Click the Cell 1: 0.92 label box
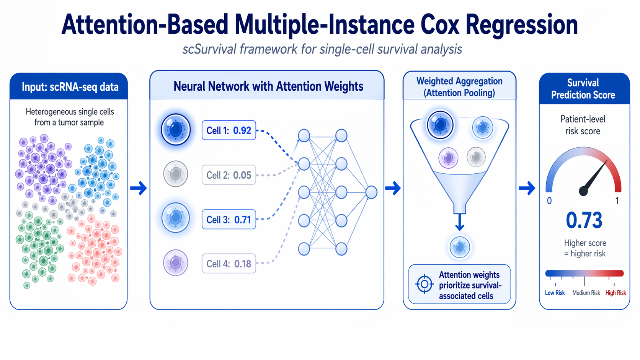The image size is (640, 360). (x=229, y=130)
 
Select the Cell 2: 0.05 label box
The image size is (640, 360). (x=229, y=175)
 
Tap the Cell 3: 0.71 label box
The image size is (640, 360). (x=229, y=220)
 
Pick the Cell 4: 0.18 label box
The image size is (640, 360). (x=229, y=264)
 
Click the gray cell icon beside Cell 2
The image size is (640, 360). (x=176, y=174)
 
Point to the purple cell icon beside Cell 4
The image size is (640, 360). (x=176, y=263)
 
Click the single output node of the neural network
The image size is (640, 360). (x=371, y=192)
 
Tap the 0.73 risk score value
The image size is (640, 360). (x=584, y=221)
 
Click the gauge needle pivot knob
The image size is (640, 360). (x=583, y=191)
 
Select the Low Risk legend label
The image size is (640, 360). (x=555, y=293)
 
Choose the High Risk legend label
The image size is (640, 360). (x=616, y=293)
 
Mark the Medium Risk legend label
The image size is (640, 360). (x=586, y=293)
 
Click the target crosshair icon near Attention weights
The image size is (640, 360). (x=424, y=284)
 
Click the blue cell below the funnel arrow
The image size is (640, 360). (x=459, y=247)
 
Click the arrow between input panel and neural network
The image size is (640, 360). (x=139, y=188)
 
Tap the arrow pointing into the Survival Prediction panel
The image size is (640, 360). (x=527, y=188)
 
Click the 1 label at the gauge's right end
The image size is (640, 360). (x=617, y=201)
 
